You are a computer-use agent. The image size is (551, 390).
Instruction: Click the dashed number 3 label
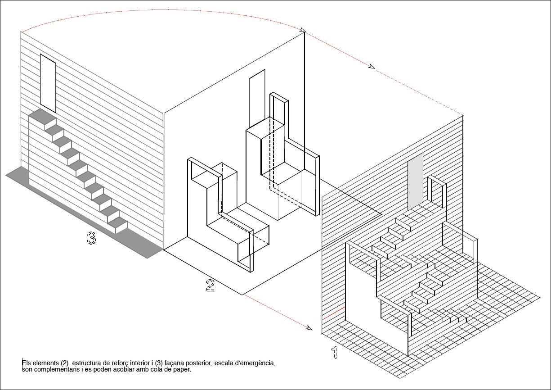pyautogui.click(x=91, y=237)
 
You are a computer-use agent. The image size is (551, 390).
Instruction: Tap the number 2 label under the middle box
pyautogui.click(x=210, y=286)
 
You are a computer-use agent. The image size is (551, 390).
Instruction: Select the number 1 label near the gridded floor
pyautogui.click(x=334, y=353)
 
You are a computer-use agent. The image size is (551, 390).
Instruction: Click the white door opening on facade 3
pyautogui.click(x=48, y=83)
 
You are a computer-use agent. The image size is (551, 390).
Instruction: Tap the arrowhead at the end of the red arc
pyautogui.click(x=303, y=31)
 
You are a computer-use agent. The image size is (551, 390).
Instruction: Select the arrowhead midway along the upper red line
pyautogui.click(x=372, y=67)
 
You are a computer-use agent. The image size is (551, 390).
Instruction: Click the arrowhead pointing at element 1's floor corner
pyautogui.click(x=309, y=327)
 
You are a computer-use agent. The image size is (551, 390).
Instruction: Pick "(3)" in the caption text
pyautogui.click(x=159, y=363)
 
